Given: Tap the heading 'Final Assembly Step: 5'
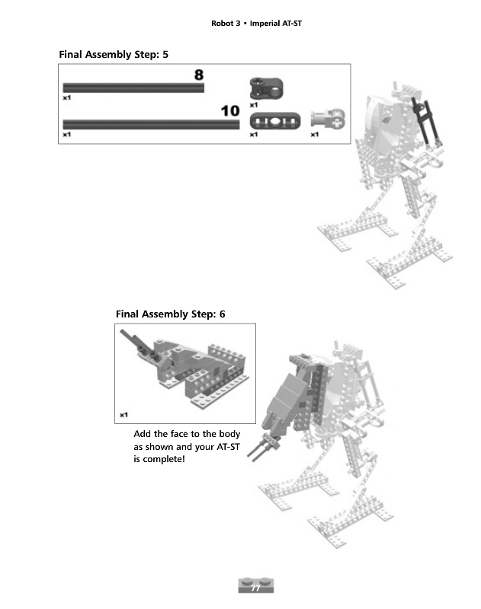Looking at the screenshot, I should [x=114, y=55].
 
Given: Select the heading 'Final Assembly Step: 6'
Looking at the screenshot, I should [x=171, y=314].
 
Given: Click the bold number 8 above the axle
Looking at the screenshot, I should [x=199, y=75].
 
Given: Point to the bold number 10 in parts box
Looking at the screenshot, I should [x=229, y=111].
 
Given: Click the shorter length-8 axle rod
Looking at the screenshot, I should [x=133, y=88].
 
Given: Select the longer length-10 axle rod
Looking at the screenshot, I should [x=151, y=123].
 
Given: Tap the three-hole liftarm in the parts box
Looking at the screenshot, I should [x=274, y=120].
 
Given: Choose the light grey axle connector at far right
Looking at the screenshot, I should [x=329, y=118].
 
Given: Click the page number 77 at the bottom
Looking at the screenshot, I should [x=256, y=588].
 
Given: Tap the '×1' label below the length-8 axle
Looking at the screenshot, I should [x=67, y=98].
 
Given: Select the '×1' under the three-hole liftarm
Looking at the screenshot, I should [x=254, y=135].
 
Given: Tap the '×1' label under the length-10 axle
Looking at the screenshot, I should [x=67, y=135].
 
